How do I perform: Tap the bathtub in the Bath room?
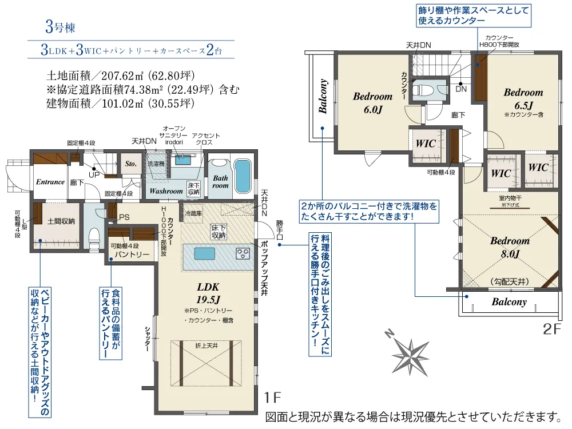(x=243, y=176)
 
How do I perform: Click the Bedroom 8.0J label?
(x=509, y=247)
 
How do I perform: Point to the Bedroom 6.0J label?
(x=372, y=103)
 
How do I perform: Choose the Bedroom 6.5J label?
(x=523, y=98)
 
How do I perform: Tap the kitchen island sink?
(x=204, y=253)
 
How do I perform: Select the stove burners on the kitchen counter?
(x=241, y=252)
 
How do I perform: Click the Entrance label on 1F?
(x=50, y=182)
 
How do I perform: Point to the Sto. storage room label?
(x=131, y=163)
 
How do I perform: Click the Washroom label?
(x=166, y=190)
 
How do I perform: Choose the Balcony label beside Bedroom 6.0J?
(x=323, y=97)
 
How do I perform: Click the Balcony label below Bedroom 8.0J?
(x=509, y=302)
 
